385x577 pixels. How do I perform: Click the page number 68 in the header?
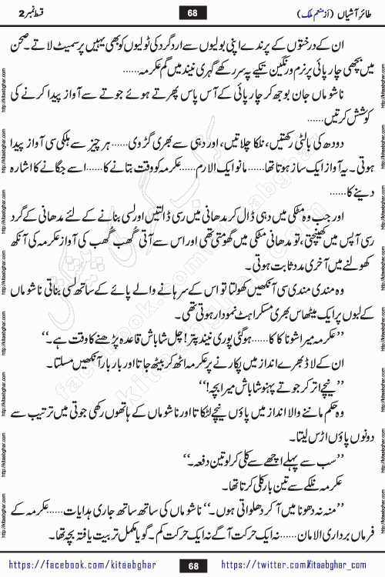pos(192,13)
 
